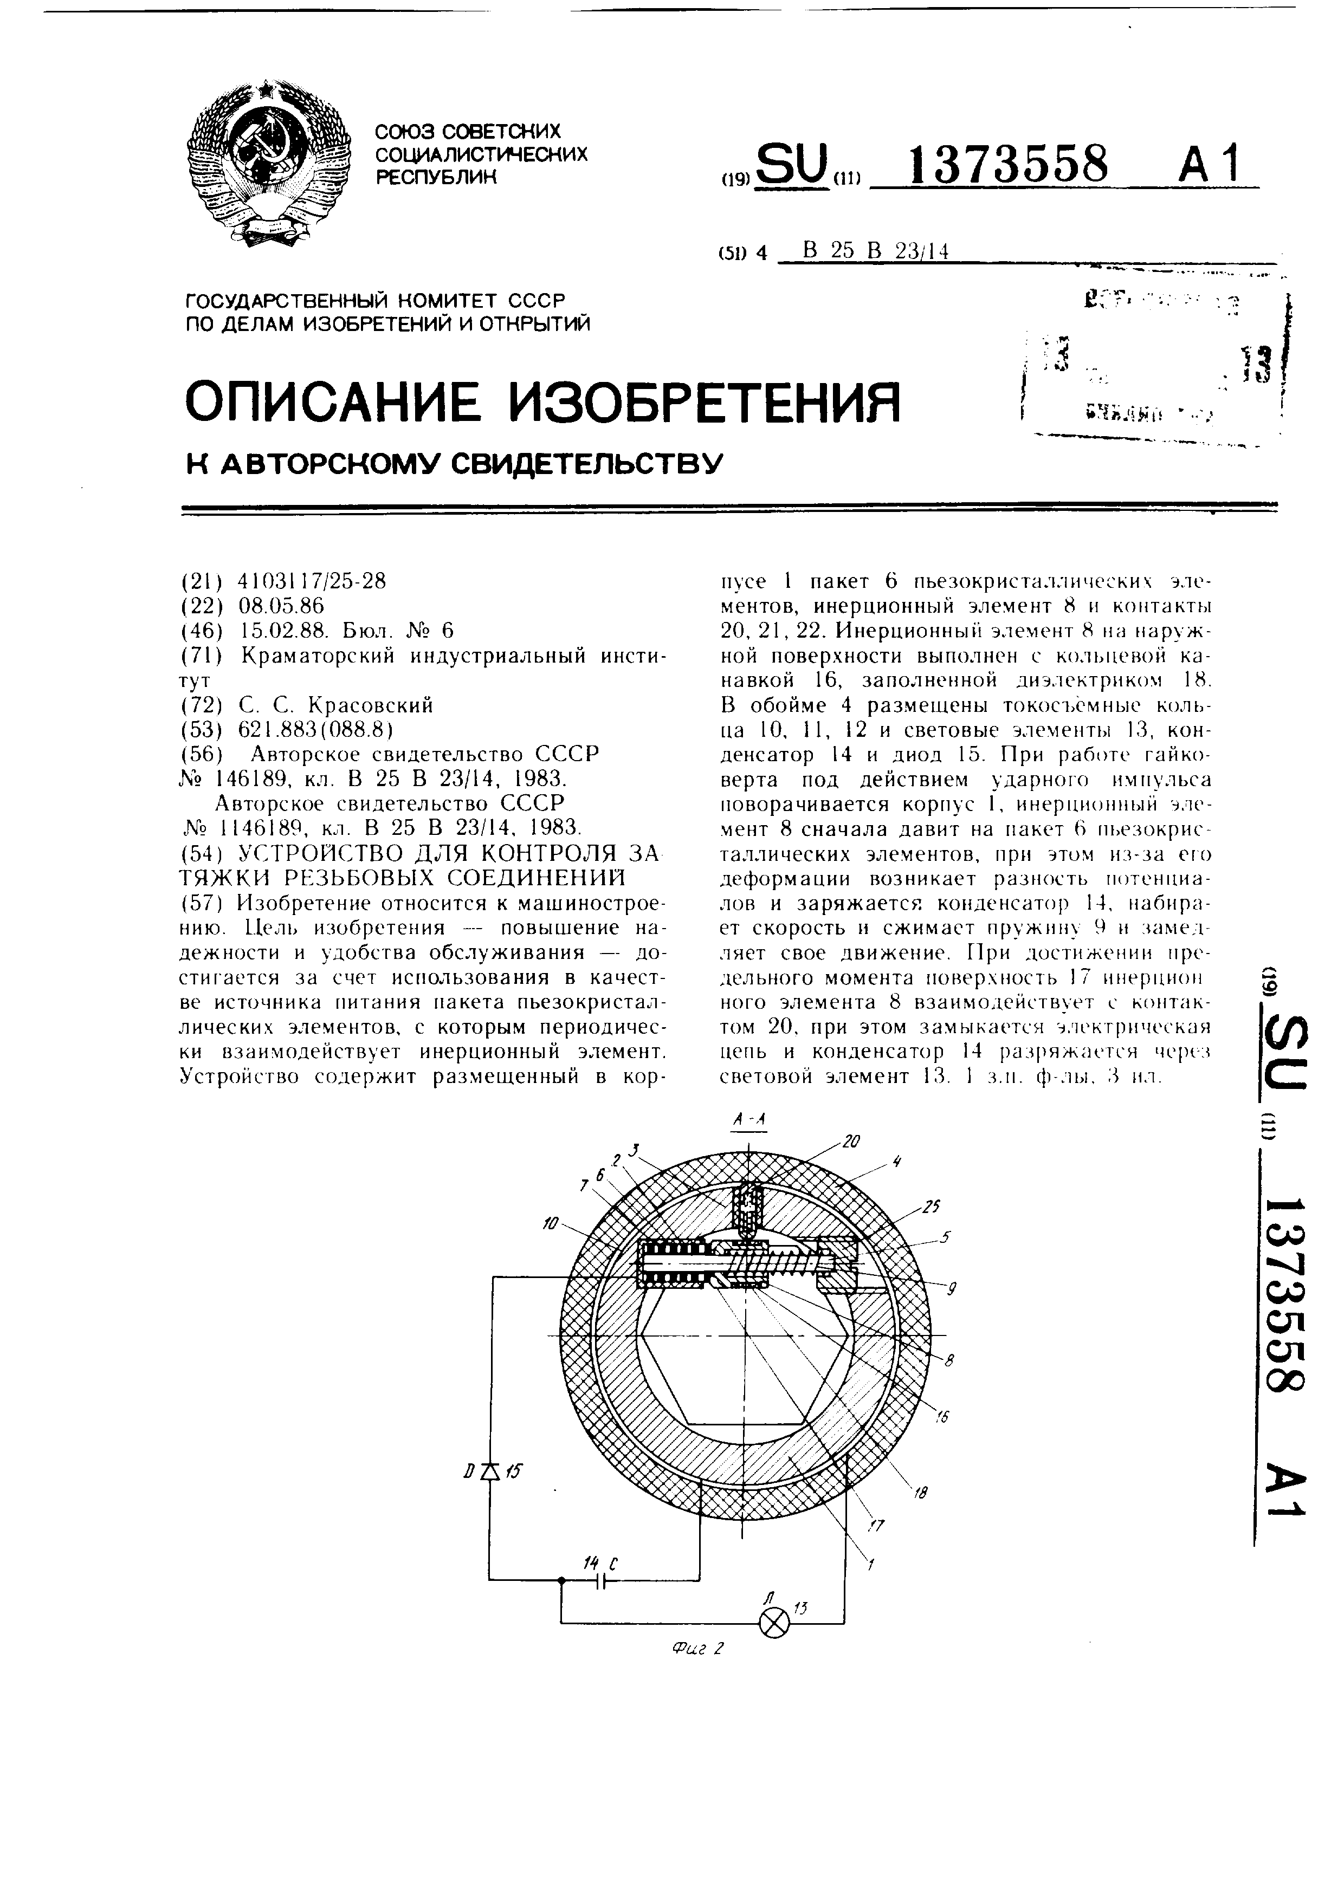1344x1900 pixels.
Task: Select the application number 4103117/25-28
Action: (312, 582)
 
